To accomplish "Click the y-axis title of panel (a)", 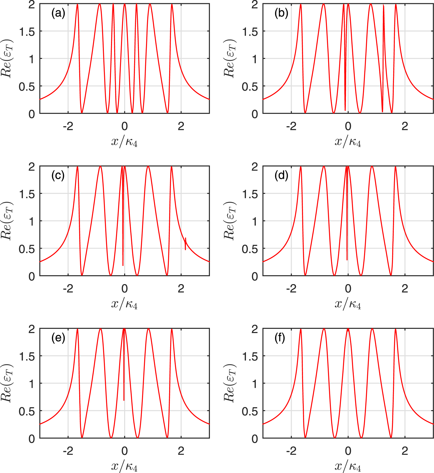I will [x=7, y=58].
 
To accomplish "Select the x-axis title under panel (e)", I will [x=124, y=466].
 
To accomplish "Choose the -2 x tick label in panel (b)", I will [x=291, y=127].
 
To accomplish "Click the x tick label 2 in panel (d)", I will [x=405, y=289].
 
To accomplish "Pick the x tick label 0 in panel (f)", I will [x=348, y=451].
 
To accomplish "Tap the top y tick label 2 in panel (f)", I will [x=255, y=329].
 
